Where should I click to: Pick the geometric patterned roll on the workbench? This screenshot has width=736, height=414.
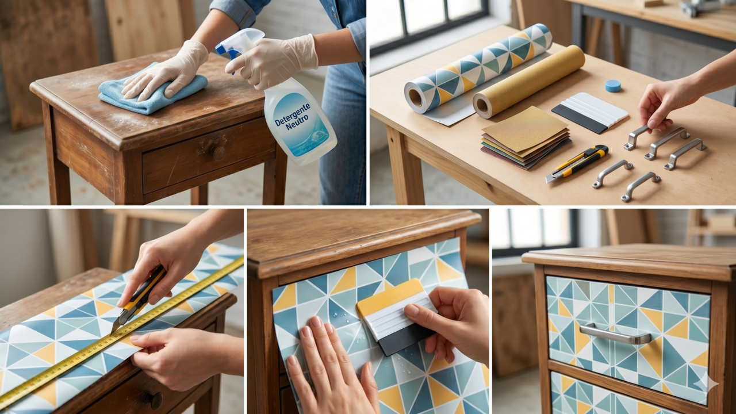tap(477, 69)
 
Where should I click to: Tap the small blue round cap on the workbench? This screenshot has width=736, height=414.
tap(613, 86)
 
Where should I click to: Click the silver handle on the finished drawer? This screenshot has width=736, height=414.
tap(615, 333)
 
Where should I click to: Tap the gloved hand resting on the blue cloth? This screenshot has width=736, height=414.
tap(167, 72)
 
